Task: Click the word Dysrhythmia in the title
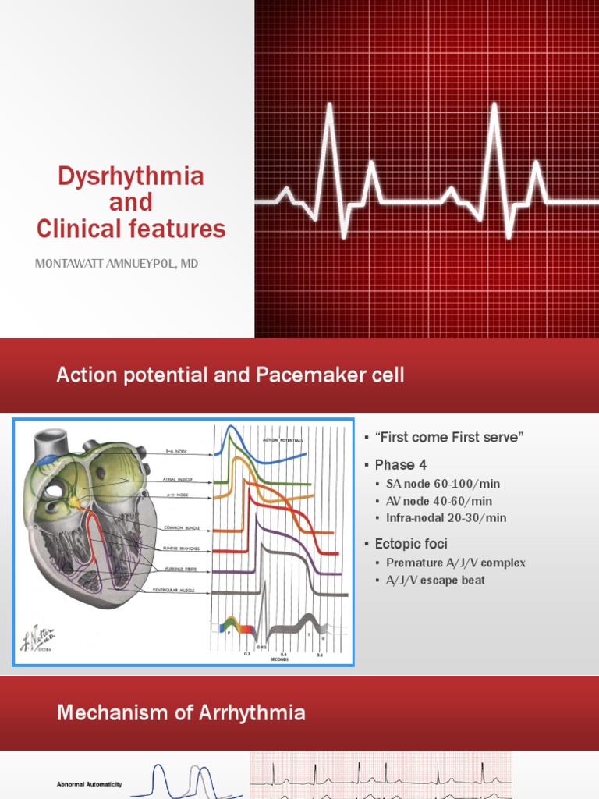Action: [130, 176]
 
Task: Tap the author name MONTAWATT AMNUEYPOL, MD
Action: [117, 264]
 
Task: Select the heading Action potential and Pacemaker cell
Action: [230, 375]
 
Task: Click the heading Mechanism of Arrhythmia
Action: [180, 712]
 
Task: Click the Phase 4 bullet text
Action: [401, 464]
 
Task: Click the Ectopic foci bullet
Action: [411, 543]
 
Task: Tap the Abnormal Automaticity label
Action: [89, 784]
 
